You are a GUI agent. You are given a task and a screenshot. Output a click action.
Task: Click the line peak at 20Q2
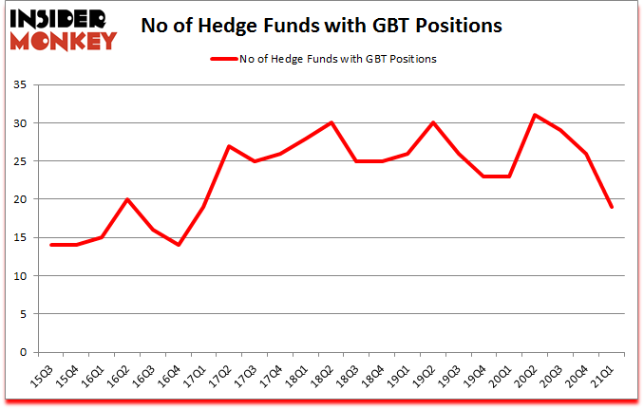pyautogui.click(x=536, y=116)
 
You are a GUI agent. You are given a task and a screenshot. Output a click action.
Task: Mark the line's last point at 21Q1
pyautogui.click(x=613, y=207)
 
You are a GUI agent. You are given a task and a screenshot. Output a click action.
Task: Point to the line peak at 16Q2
pyautogui.click(x=126, y=199)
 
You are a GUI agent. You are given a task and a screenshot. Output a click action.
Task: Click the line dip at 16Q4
pyautogui.click(x=178, y=245)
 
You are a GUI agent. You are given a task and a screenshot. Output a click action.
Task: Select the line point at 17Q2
pyautogui.click(x=229, y=146)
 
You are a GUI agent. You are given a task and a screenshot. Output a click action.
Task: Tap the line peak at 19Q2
pyautogui.click(x=433, y=123)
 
